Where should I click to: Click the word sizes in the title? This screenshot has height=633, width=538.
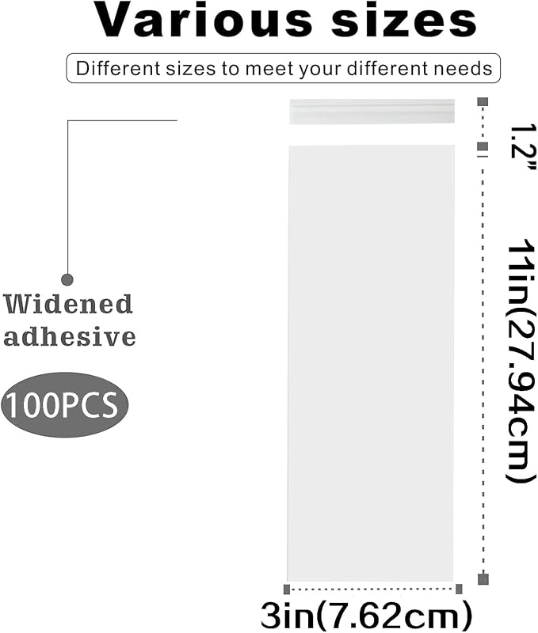[x=404, y=21]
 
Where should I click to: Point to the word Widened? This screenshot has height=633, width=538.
[x=68, y=304]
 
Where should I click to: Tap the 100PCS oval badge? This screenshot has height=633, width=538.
[x=65, y=404]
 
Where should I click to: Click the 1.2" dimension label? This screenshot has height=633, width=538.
[x=521, y=147]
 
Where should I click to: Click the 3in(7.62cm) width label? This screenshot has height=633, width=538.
[x=366, y=615]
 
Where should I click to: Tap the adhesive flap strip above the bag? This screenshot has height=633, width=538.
[x=372, y=111]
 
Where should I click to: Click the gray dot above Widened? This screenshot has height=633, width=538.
[x=67, y=279]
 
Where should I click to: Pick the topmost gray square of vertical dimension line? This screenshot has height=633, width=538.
[x=483, y=102]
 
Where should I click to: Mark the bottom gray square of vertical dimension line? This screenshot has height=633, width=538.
[x=483, y=579]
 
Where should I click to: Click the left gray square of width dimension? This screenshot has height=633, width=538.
[x=287, y=589]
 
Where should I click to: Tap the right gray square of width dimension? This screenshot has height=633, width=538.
[x=459, y=589]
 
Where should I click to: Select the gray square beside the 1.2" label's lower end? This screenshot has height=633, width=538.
[x=483, y=146]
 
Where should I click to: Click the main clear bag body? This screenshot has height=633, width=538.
[x=371, y=362]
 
